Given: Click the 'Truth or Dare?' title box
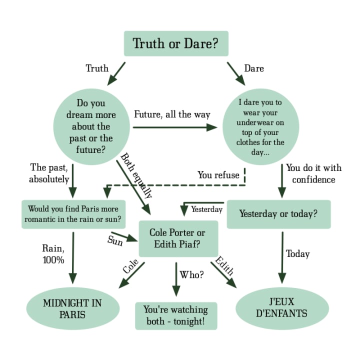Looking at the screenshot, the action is pos(175,43).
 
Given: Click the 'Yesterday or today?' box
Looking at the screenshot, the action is pos(278,214).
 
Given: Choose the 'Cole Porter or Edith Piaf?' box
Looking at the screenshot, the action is pos(177,238).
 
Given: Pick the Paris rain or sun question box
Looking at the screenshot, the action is pos(73,214).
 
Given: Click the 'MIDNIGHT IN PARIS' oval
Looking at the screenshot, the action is pos(73,308).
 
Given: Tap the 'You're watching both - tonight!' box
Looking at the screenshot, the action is pos(176,315).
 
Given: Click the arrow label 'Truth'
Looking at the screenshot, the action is pos(97,68).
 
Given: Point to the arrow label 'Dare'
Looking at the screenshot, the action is pos(253,68).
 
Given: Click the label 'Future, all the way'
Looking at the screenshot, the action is pos(172,114).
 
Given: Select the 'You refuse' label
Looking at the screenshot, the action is pos(218,175).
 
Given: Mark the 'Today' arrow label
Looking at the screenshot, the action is pos(298,254).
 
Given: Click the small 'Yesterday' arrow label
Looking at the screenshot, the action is pos(206,209).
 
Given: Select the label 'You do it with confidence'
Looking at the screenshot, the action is pos(313,173).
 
